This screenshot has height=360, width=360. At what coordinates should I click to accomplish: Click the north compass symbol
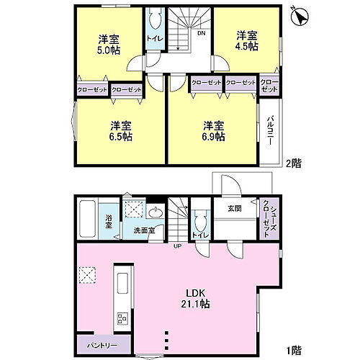(x=300, y=14)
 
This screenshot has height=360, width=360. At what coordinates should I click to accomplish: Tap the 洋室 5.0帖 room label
(x=109, y=45)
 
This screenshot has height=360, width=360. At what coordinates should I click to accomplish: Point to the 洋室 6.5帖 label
(x=120, y=130)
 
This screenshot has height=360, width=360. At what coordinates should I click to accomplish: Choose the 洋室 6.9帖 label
(x=213, y=130)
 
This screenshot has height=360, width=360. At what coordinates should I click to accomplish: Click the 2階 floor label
(x=292, y=163)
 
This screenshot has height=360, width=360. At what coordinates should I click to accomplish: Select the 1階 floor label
(x=292, y=351)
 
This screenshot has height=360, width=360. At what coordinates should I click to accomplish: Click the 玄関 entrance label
(x=235, y=210)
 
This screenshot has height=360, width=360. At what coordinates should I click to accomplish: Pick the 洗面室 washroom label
(x=143, y=231)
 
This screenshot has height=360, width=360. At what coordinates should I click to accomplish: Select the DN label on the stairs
(x=202, y=33)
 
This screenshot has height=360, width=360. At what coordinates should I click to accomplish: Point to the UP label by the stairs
(x=177, y=246)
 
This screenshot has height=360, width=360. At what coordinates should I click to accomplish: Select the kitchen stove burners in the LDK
(x=120, y=318)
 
